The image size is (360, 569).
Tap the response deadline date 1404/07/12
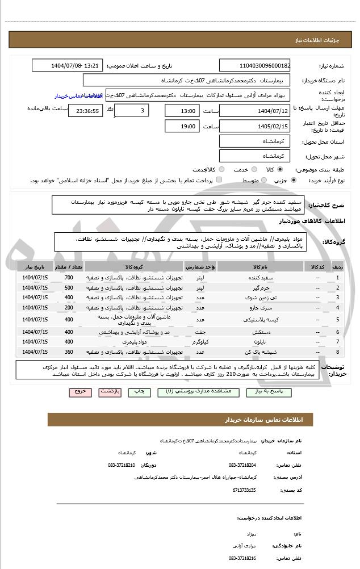(254, 111)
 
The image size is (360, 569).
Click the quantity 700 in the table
(69, 277)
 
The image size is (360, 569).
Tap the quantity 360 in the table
(69, 352)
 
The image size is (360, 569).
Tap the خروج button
(80, 392)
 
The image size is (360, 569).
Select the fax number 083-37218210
(122, 465)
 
